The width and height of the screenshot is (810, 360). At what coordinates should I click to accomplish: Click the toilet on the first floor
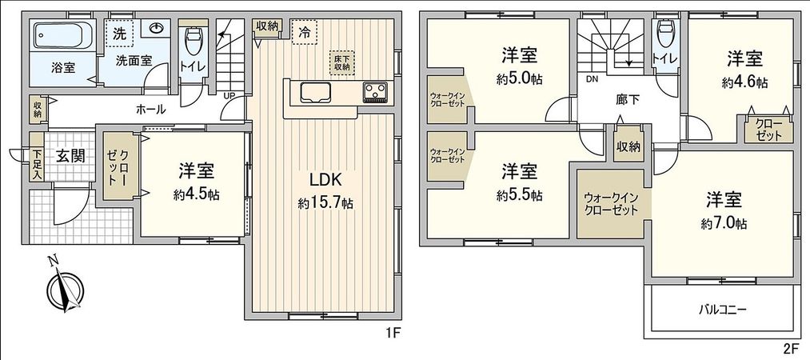(192, 38)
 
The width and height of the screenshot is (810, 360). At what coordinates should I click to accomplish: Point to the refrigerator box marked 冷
(305, 33)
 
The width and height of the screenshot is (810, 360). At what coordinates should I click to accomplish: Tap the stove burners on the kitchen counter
(374, 92)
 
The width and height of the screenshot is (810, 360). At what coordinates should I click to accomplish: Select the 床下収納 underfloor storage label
(342, 62)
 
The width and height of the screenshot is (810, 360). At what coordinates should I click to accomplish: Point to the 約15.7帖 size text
(325, 204)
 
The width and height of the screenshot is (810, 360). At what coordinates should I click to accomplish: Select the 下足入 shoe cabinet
(37, 163)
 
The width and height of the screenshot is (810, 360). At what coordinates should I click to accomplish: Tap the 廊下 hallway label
(628, 101)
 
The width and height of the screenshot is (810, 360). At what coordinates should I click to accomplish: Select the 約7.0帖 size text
(726, 222)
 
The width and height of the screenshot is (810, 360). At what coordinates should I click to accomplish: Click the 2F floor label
(791, 349)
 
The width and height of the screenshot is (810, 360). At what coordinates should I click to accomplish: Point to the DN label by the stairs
(592, 79)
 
